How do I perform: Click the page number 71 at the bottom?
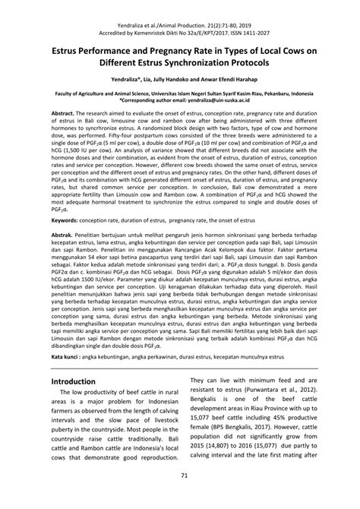(180, 497)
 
